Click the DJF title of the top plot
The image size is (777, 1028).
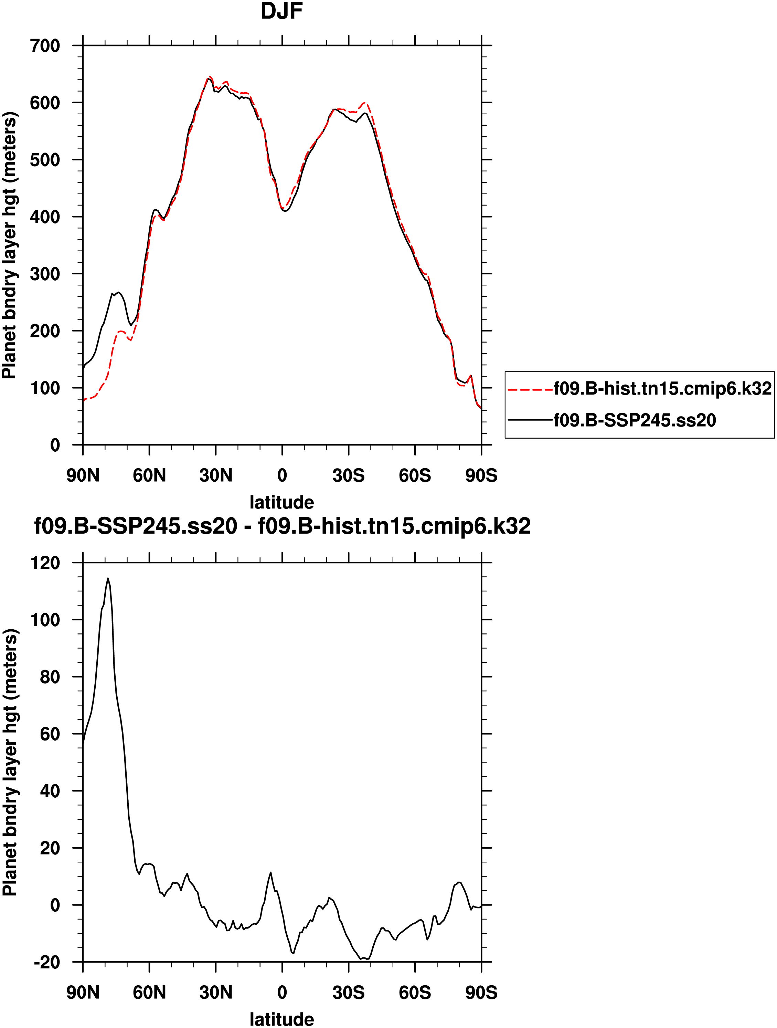pos(281,11)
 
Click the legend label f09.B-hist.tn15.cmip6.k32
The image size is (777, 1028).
pos(662,389)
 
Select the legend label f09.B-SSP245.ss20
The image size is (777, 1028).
pos(635,420)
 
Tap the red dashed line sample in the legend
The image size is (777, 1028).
pos(530,389)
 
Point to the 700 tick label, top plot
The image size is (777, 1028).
pos(45,46)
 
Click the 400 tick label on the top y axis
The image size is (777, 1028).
pos(45,217)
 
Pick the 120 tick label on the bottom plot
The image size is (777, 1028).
pos(45,563)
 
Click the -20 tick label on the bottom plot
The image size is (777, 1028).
pos(47,962)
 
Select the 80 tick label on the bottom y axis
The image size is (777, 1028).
pos(50,677)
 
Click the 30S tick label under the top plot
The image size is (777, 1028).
pos(348,475)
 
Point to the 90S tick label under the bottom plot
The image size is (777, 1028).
pos(481,993)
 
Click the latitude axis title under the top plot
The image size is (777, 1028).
pos(281,502)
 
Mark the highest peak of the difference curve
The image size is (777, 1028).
pos(108,579)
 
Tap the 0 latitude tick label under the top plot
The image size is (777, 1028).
pos(282,475)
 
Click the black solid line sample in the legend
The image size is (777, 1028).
pos(530,420)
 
